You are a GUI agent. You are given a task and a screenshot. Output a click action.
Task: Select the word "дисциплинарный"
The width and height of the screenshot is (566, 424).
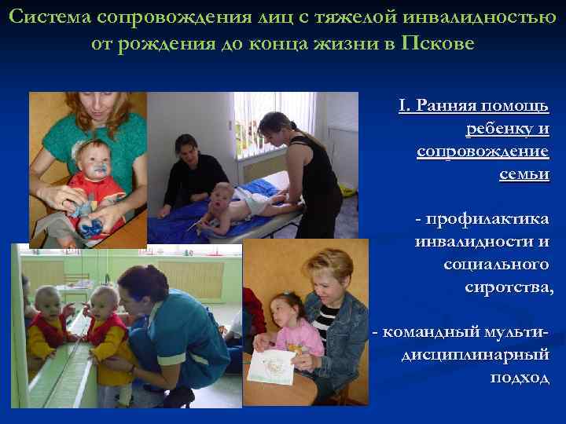(x=476, y=355)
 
